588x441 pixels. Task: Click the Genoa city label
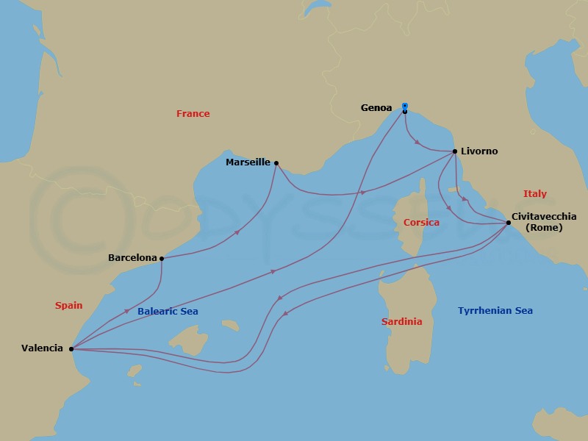pyautogui.click(x=376, y=108)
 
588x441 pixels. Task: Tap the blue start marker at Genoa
pyautogui.click(x=405, y=106)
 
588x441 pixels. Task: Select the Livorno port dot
pyautogui.click(x=455, y=151)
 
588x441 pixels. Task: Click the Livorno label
pyautogui.click(x=479, y=151)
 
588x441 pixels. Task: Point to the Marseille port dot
pyautogui.click(x=276, y=163)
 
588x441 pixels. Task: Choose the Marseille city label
pyautogui.click(x=248, y=162)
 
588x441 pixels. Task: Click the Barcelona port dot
pyautogui.click(x=162, y=258)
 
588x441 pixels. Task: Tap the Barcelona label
pyautogui.click(x=132, y=258)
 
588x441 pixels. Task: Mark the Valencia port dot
pyautogui.click(x=71, y=348)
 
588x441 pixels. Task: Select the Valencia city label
pyautogui.click(x=42, y=348)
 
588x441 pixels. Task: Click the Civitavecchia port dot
pyautogui.click(x=508, y=222)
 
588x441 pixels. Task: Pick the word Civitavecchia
pyautogui.click(x=545, y=216)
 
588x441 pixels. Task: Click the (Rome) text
pyautogui.click(x=545, y=228)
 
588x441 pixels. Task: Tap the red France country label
pyautogui.click(x=193, y=114)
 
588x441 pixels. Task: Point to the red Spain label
pyautogui.click(x=68, y=305)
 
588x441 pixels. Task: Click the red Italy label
pyautogui.click(x=535, y=194)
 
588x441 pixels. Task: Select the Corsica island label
pyautogui.click(x=421, y=222)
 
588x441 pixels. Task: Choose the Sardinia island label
pyautogui.click(x=401, y=322)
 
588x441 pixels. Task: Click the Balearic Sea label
pyautogui.click(x=168, y=312)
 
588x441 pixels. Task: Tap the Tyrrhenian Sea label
pyautogui.click(x=495, y=311)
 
